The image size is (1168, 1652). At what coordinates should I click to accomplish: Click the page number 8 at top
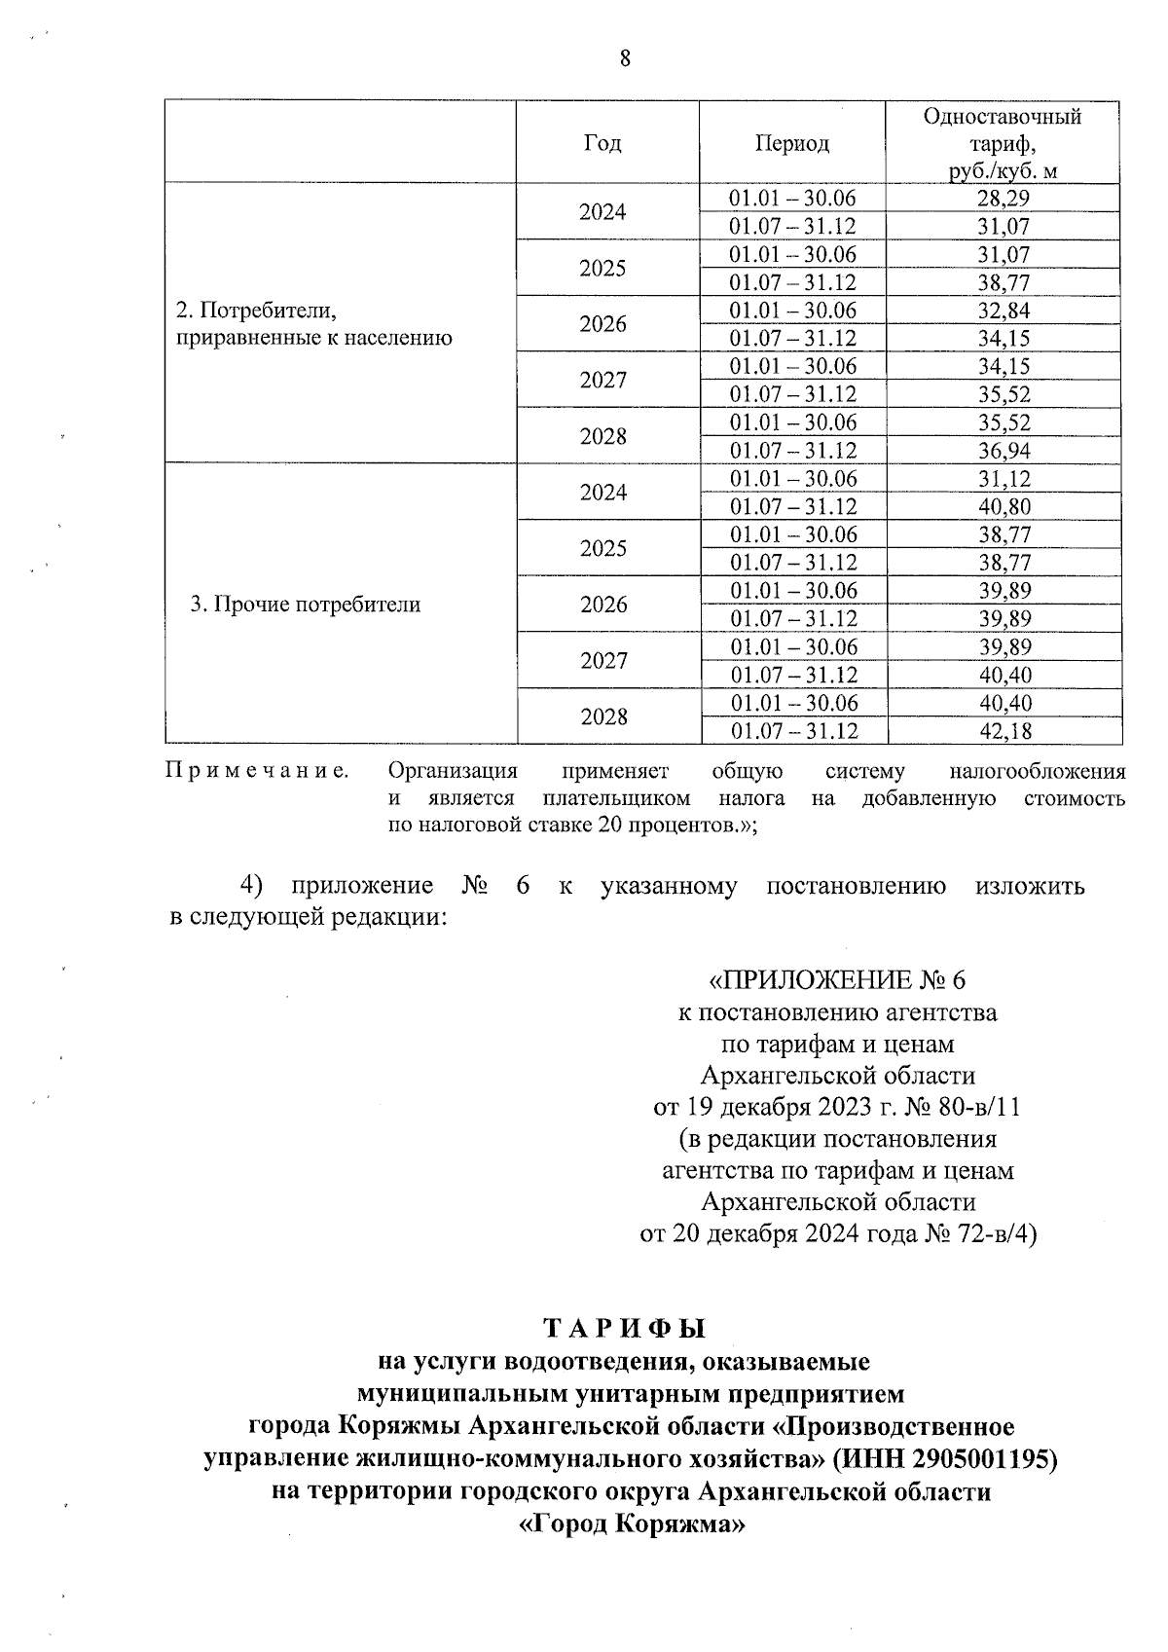click(x=625, y=58)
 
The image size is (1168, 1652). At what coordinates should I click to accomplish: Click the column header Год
click(x=602, y=143)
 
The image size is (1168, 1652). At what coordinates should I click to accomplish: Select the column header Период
click(x=792, y=143)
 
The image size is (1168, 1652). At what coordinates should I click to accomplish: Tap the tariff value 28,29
click(x=1003, y=199)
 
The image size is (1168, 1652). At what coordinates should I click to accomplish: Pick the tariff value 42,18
click(x=1003, y=731)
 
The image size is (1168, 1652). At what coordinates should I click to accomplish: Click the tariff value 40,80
click(x=1003, y=506)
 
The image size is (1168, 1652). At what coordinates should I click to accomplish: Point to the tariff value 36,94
click(x=1003, y=451)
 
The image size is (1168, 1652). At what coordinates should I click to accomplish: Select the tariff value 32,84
click(x=1003, y=311)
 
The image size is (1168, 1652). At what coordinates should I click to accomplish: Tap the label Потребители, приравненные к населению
click(x=312, y=324)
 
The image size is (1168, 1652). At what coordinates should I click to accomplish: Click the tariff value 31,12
click(x=1003, y=479)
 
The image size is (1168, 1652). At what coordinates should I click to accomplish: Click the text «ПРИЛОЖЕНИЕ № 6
click(x=837, y=979)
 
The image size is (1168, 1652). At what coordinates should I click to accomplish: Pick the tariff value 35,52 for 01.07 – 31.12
click(x=1003, y=394)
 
